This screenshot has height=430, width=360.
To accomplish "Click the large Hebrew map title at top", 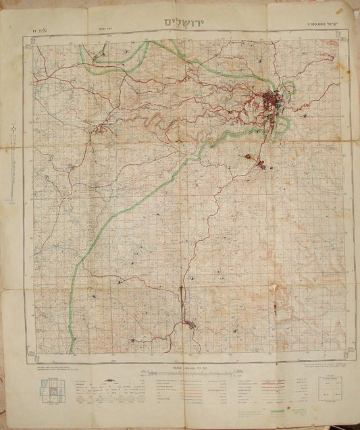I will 183,22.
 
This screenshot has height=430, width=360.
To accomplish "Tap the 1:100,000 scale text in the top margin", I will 318,25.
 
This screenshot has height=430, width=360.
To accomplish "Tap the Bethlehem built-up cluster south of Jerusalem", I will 259,161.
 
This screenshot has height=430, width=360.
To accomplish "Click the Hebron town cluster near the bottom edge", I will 191,326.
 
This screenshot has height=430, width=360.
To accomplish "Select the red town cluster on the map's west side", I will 101,128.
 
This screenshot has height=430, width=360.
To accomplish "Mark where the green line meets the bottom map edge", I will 70,352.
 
